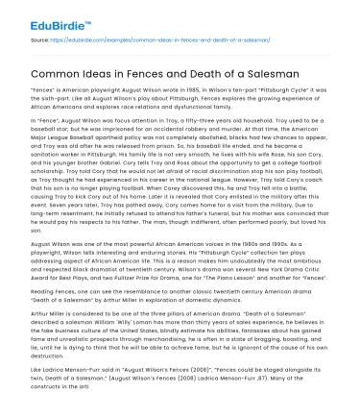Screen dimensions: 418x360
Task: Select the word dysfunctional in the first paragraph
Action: pos(252,114)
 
